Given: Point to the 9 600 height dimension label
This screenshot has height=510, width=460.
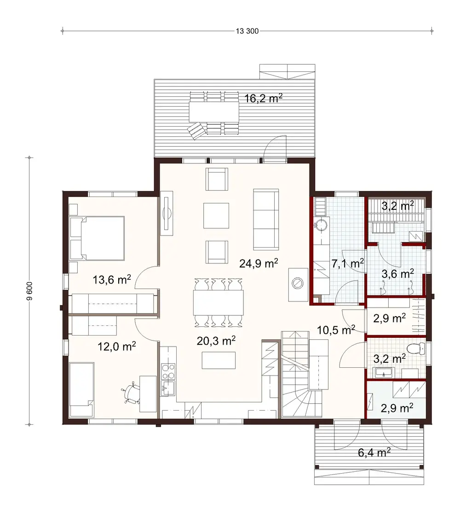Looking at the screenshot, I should coord(30,291).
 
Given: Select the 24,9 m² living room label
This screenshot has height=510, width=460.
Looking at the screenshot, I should coord(258,263).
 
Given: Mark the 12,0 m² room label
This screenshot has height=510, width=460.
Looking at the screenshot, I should coord(116,346).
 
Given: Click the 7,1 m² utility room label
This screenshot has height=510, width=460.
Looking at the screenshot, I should coord(348,263).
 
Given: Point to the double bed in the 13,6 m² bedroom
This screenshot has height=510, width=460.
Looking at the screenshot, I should coord(97,238).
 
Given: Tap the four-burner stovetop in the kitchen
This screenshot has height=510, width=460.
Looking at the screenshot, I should coord(168,370).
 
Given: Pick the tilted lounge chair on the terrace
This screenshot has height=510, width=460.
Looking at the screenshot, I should coord(196,131).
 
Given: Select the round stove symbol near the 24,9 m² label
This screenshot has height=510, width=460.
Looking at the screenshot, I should coord(298,283).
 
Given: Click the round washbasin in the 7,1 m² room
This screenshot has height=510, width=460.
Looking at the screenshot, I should coord(322,224).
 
